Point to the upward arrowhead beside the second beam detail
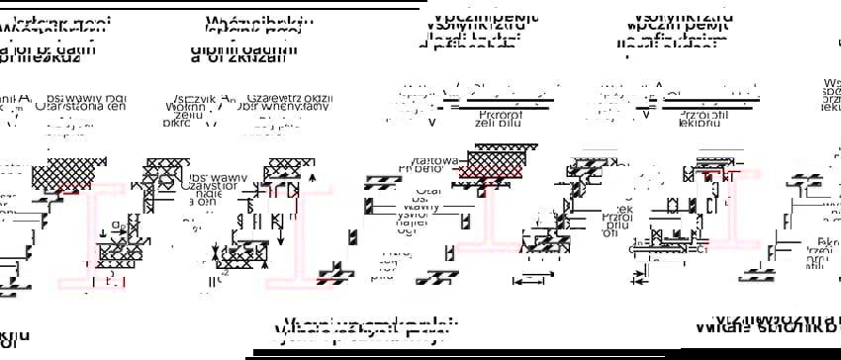coord(313,178)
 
